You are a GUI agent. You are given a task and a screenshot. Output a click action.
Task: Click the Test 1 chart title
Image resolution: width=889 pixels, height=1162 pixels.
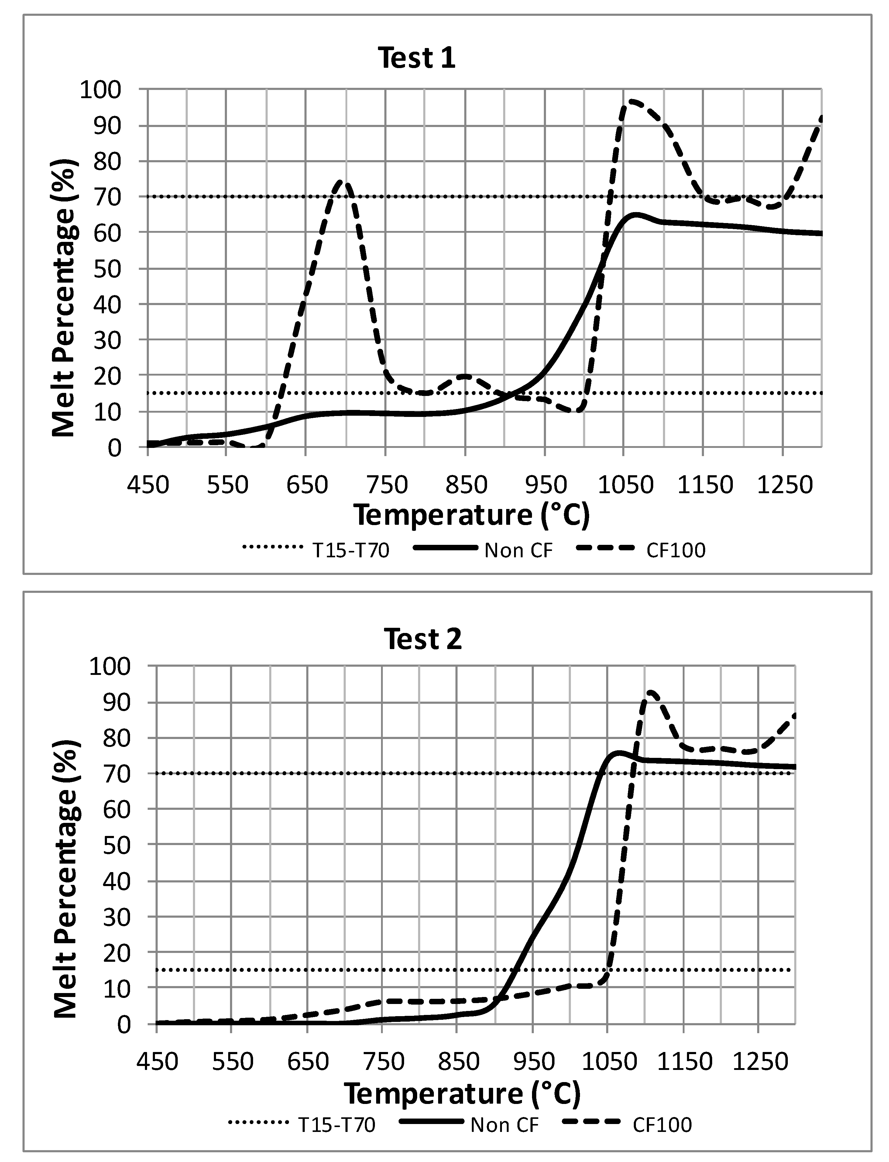pos(417,58)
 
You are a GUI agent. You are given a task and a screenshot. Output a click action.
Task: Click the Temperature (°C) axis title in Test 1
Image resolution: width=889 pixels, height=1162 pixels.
pos(471,515)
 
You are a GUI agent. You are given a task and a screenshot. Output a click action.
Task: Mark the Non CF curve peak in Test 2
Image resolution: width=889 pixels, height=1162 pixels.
pos(618,752)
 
